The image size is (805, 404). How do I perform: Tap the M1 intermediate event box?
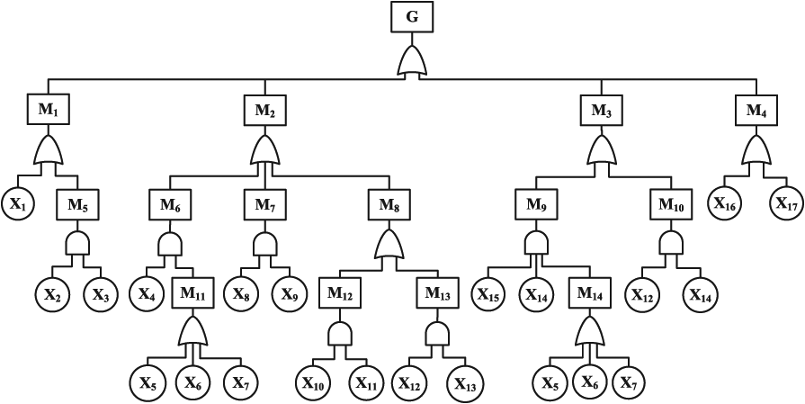[x=47, y=111]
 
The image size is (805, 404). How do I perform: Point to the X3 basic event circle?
[x=101, y=293]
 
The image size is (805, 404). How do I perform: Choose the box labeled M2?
[x=264, y=111]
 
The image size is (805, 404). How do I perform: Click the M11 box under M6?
[x=194, y=293]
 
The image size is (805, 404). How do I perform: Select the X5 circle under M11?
[x=148, y=382]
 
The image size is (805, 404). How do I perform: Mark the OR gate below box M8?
[x=386, y=245]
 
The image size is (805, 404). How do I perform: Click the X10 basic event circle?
[x=313, y=382]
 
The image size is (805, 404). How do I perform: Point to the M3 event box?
[x=601, y=111]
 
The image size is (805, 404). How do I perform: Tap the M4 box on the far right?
[x=756, y=111]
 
